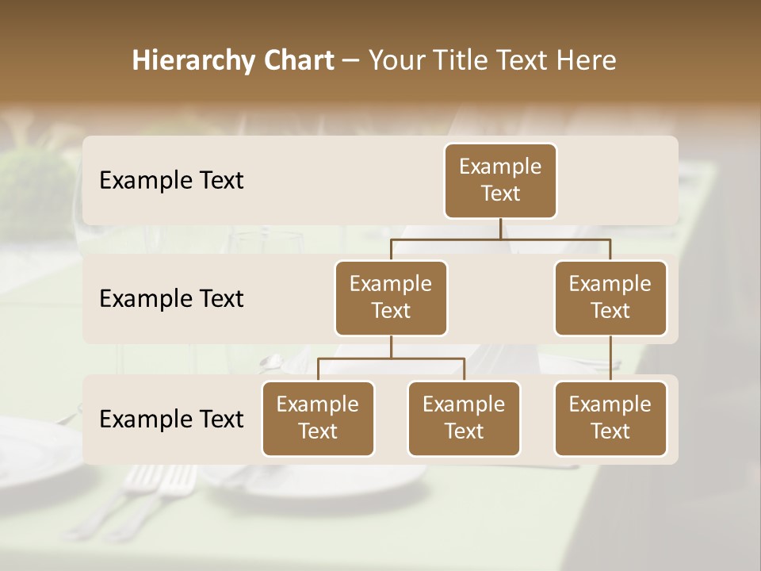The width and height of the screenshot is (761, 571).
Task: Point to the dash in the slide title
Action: (x=350, y=61)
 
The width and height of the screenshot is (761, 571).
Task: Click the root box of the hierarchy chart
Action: (x=500, y=180)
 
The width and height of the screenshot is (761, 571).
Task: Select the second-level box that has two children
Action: (x=391, y=297)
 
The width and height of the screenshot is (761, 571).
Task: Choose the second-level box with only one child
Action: (x=610, y=297)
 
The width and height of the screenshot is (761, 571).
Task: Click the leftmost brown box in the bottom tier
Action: (x=318, y=418)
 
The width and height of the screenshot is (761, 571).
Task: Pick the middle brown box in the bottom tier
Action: (x=464, y=418)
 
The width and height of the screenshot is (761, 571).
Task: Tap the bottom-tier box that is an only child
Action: (x=610, y=418)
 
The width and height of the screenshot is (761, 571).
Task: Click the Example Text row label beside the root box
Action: (x=171, y=181)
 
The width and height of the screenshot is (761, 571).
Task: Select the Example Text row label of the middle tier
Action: (x=171, y=299)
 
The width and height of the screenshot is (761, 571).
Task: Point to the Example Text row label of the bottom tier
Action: (x=171, y=420)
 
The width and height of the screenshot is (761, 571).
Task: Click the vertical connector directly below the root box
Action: (x=500, y=228)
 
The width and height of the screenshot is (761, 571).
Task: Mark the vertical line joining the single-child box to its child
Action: (x=610, y=358)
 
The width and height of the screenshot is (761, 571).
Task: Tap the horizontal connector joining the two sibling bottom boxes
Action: (x=391, y=358)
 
